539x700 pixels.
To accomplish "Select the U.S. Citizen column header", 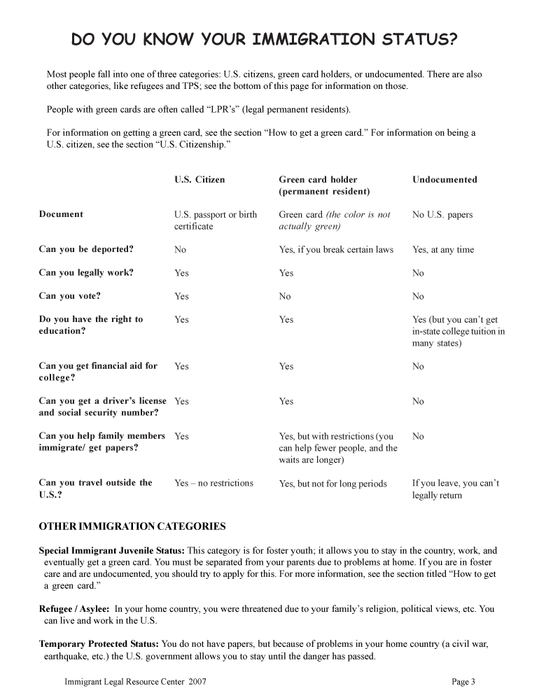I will tap(199, 180).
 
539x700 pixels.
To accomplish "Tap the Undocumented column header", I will tap(444, 180).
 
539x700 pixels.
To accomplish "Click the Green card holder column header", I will tap(324, 185).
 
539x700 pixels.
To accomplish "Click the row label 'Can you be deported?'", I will tap(86, 249).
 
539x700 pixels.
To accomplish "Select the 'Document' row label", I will tap(61, 215).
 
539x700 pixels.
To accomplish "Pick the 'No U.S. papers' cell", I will tap(442, 215).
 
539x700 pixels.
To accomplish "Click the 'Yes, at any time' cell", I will tap(443, 250).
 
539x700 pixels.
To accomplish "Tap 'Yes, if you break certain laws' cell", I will tap(336, 250).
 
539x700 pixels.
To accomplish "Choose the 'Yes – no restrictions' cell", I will tap(213, 483).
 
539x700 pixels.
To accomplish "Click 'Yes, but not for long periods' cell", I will tap(332, 484).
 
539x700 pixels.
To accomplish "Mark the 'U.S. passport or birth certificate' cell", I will tap(216, 220).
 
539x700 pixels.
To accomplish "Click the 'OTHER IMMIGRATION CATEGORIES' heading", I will tap(132, 526).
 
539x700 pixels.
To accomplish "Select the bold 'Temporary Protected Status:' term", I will tap(99, 643).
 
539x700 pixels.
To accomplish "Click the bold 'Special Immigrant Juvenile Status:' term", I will tap(112, 551).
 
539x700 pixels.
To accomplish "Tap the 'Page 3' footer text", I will tap(463, 682).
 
